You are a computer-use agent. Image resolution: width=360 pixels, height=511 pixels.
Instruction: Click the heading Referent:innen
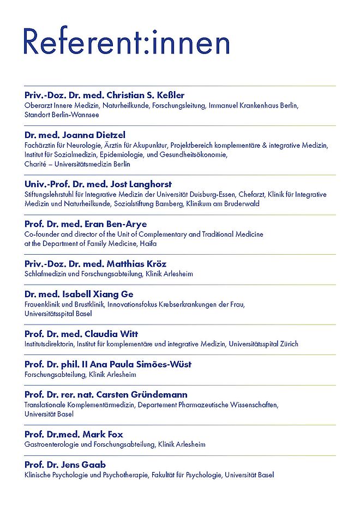[x=126, y=41]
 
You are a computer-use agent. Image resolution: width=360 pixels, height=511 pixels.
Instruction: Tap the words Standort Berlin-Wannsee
[x=62, y=115]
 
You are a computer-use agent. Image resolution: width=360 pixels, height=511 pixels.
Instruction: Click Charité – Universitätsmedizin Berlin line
[x=77, y=164]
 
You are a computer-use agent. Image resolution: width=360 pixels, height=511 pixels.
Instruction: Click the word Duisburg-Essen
[x=238, y=194]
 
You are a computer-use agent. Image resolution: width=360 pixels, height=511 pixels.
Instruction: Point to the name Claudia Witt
[x=111, y=334]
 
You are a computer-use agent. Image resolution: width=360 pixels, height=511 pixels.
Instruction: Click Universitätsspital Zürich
[x=263, y=344]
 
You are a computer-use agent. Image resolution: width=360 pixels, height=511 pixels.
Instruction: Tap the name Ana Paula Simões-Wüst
[x=145, y=364]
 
